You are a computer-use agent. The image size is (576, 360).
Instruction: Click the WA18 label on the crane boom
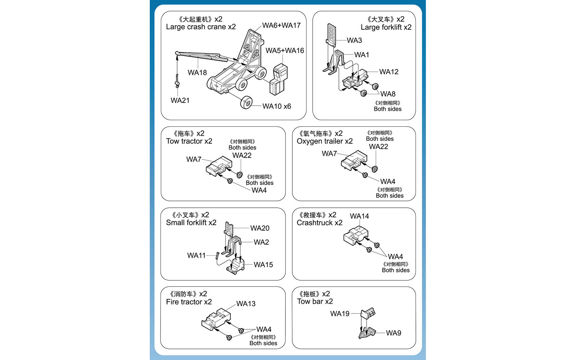[197, 72]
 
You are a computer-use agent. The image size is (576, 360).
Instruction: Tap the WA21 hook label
[180, 100]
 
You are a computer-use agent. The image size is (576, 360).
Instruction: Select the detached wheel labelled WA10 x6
[246, 103]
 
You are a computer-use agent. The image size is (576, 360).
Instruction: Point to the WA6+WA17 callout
[281, 26]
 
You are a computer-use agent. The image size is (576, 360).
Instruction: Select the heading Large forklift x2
[386, 27]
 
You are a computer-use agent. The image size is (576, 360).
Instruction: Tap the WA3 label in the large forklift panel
[354, 40]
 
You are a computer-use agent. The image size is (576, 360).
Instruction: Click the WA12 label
[389, 72]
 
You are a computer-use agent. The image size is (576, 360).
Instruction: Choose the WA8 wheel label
[388, 94]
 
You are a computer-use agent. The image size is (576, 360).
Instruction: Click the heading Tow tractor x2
[189, 141]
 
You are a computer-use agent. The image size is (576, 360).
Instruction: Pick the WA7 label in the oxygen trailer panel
[329, 154]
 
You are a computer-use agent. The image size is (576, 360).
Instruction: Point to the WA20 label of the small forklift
[260, 228]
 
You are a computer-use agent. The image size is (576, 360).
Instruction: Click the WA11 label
[196, 255]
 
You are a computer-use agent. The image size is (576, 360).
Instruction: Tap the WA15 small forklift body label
[263, 265]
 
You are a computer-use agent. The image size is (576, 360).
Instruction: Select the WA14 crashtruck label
[359, 216]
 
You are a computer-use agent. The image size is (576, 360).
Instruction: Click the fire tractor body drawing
[216, 320]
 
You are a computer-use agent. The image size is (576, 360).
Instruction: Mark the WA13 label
[246, 304]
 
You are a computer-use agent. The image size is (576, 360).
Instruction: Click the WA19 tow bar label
[340, 314]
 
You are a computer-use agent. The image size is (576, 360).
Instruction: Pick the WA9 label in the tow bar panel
[393, 333]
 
